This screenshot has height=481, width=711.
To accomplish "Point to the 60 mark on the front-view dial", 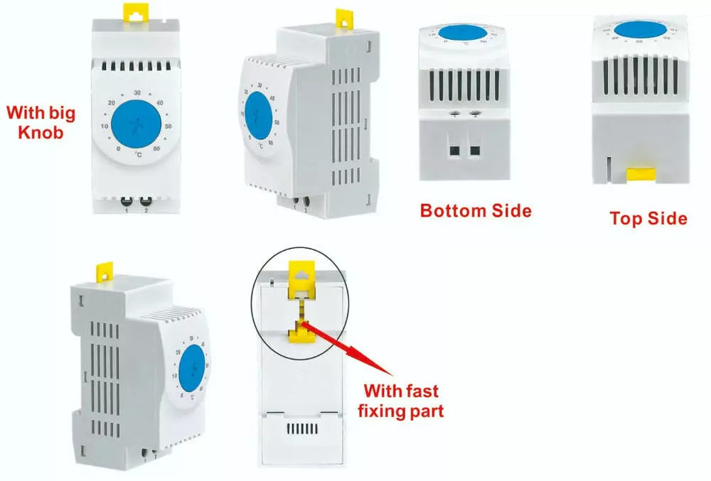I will (156, 149).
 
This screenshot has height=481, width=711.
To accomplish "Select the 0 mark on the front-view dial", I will (118, 149).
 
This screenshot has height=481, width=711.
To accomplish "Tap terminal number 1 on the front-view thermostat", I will (127, 211).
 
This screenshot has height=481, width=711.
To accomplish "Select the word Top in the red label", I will (625, 218).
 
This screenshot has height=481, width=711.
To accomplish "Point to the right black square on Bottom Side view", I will (474, 151).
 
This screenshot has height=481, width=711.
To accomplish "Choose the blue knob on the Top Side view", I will (640, 29).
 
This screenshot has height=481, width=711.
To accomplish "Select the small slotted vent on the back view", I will (301, 429).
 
